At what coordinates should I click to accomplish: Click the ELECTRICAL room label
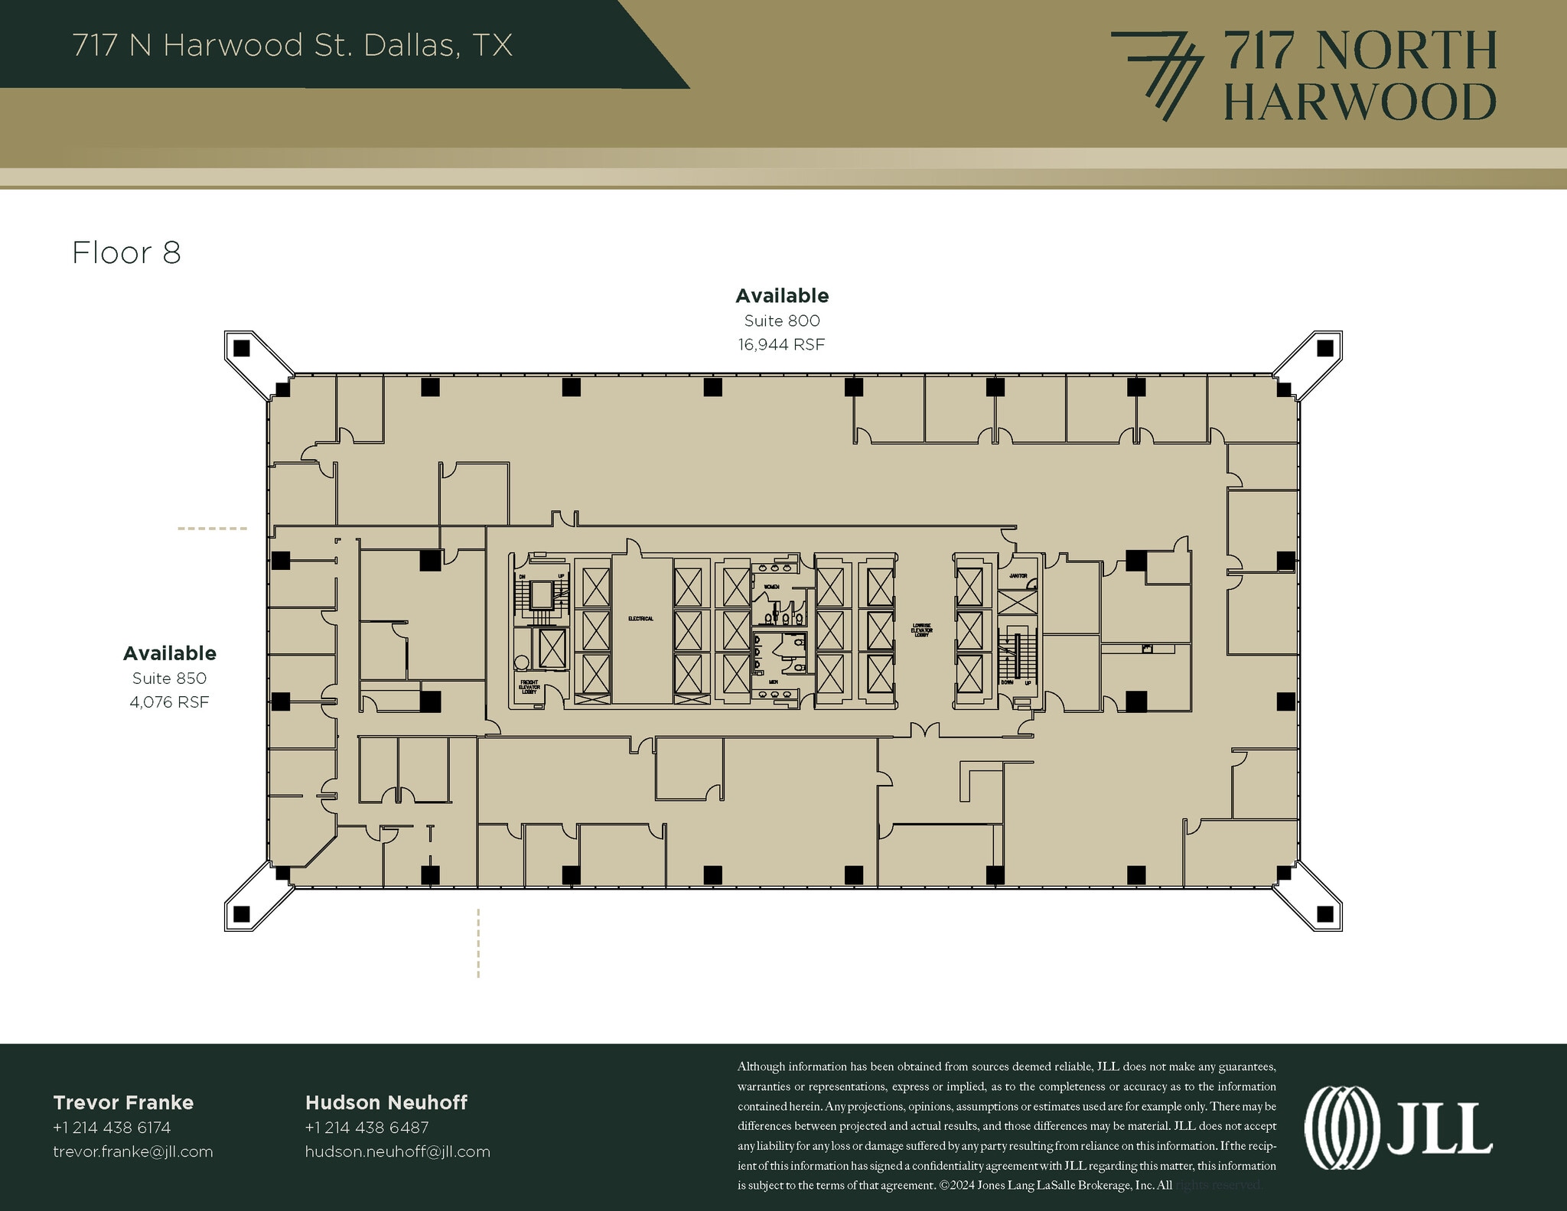(x=640, y=618)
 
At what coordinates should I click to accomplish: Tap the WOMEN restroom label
(x=770, y=587)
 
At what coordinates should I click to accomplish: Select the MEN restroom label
(x=773, y=682)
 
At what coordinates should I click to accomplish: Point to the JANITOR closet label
(x=1018, y=576)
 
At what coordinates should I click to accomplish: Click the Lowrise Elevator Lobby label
(x=922, y=630)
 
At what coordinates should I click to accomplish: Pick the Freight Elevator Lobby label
(x=529, y=686)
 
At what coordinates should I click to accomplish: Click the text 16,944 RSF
(x=781, y=345)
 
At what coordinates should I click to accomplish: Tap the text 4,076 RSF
(x=169, y=702)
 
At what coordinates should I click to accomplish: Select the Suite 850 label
(x=169, y=679)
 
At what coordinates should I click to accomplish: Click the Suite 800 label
(x=781, y=321)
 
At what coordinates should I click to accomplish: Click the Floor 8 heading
(x=126, y=253)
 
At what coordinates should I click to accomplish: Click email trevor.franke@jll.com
(x=133, y=1152)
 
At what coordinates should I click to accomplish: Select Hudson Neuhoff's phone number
(x=367, y=1128)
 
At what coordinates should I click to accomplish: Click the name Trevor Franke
(x=123, y=1102)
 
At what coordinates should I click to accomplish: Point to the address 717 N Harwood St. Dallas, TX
(x=292, y=45)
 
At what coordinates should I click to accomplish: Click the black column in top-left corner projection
(x=242, y=349)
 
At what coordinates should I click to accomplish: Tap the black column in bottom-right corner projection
(x=1324, y=913)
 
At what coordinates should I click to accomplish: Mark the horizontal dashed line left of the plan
(x=212, y=529)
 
